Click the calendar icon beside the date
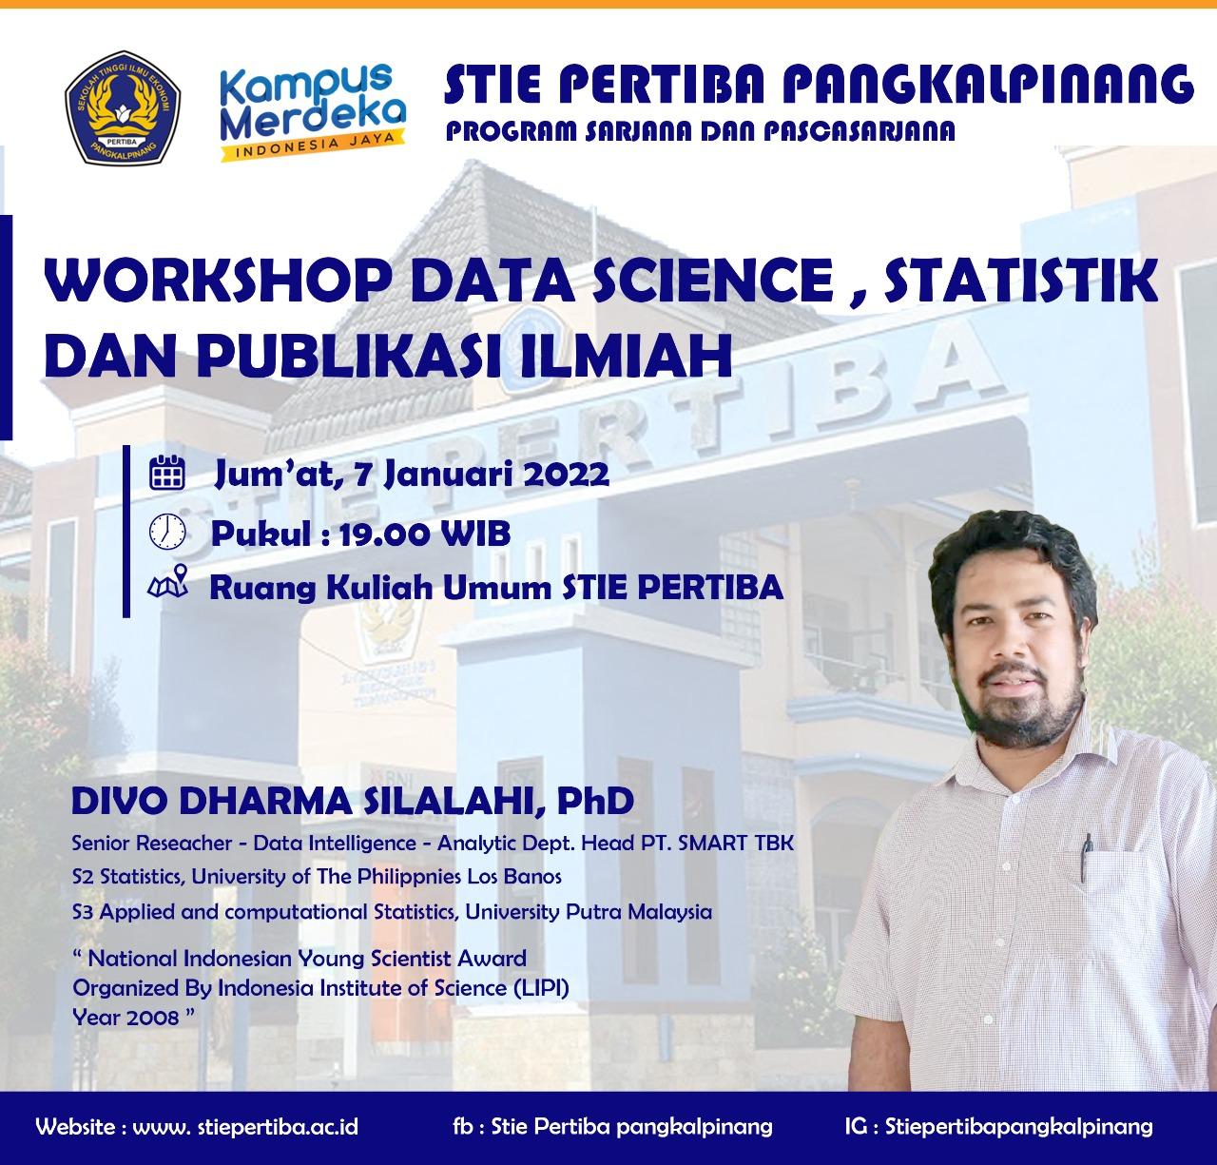tap(168, 473)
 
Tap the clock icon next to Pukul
tap(166, 531)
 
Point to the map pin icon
tap(168, 583)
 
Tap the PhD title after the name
tap(594, 802)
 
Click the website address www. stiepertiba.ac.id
tap(245, 1127)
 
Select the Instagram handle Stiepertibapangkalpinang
tap(1018, 1127)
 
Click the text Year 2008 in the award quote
tap(126, 1018)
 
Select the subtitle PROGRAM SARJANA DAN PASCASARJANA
tap(701, 132)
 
